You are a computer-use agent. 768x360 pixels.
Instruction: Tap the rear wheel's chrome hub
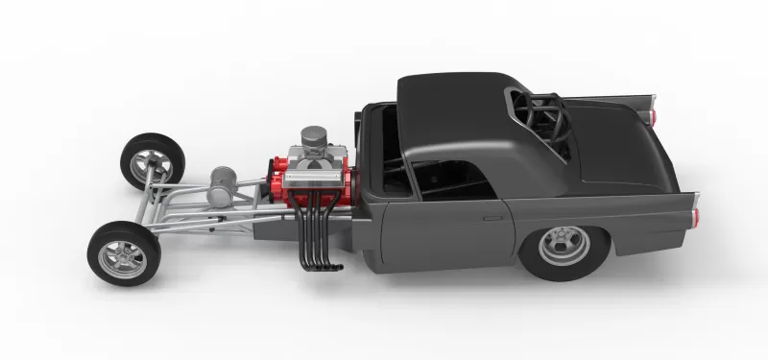[564, 246]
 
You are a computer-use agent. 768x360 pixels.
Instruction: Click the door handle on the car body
[493, 218]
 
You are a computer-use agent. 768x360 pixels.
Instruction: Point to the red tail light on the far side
[656, 115]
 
